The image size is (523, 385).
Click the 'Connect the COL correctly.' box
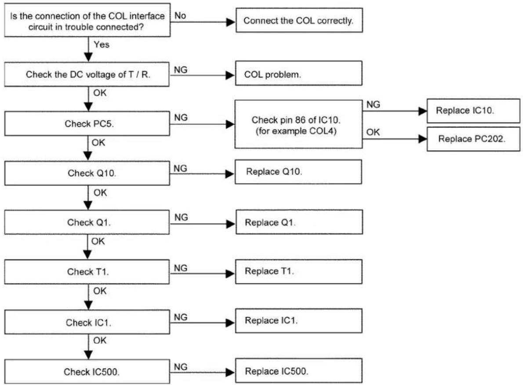(x=299, y=20)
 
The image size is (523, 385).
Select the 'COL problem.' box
(x=298, y=73)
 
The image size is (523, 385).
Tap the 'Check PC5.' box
(x=87, y=123)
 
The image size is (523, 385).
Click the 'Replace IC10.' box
(x=473, y=111)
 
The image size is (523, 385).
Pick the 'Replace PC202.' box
(x=473, y=139)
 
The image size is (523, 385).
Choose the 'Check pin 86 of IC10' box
(x=298, y=124)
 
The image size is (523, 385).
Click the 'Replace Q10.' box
(x=298, y=172)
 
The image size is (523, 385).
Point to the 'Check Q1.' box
(x=87, y=222)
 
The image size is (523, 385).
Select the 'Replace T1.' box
(x=298, y=272)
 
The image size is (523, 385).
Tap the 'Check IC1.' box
(x=87, y=322)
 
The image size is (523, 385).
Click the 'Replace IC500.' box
(x=298, y=370)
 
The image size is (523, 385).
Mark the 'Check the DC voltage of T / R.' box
(x=87, y=74)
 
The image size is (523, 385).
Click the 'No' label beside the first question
(x=180, y=15)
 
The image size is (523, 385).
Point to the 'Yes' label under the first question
(x=102, y=44)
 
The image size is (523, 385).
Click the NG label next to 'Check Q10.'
(x=180, y=168)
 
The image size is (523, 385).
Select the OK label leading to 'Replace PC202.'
(x=373, y=132)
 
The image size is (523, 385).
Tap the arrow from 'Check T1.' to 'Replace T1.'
(x=203, y=273)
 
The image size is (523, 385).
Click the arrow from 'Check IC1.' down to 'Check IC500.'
(x=88, y=347)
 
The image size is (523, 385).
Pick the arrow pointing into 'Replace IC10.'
(x=395, y=111)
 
